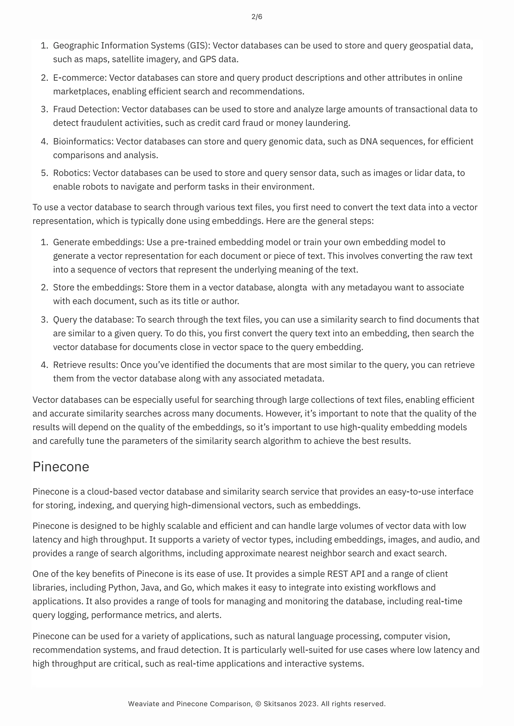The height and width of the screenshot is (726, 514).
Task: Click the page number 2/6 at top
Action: (256, 17)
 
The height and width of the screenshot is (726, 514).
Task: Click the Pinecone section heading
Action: (61, 467)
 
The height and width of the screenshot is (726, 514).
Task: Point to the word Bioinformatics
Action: (83, 141)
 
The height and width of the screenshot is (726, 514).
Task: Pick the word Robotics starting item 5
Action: (72, 173)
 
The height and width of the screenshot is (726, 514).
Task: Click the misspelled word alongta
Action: (292, 287)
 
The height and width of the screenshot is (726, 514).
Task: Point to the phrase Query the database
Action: (93, 319)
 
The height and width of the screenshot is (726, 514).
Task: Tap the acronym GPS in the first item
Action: (208, 59)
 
